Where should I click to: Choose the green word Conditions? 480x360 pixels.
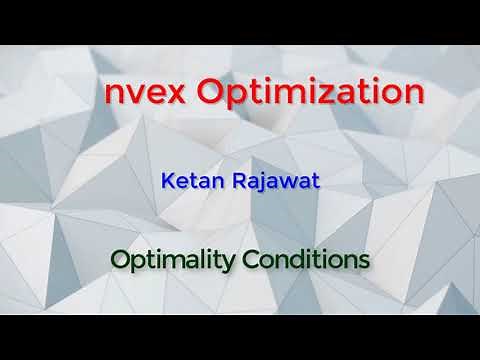point(305,260)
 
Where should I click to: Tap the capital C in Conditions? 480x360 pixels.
point(249,260)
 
